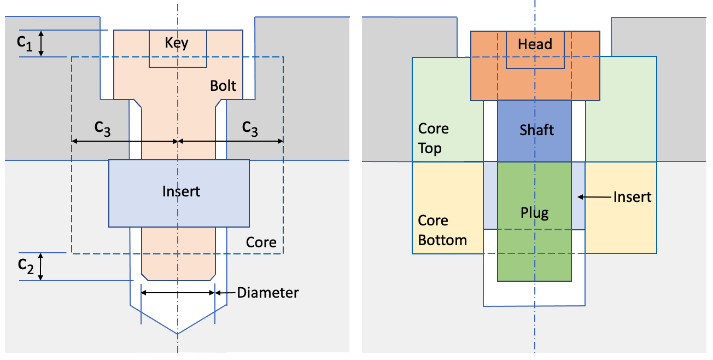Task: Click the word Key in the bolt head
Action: [x=177, y=43]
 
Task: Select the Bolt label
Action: [x=223, y=86]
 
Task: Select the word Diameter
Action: [x=267, y=293]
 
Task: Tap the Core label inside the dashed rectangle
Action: [x=261, y=242]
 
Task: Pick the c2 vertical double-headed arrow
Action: [x=40, y=267]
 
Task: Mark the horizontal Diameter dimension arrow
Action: [x=178, y=293]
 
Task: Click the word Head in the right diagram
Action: [x=535, y=44]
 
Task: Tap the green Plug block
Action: [x=534, y=219]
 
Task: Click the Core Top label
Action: [x=433, y=138]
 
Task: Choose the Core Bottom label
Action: [x=442, y=230]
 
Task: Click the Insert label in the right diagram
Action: [x=632, y=196]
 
